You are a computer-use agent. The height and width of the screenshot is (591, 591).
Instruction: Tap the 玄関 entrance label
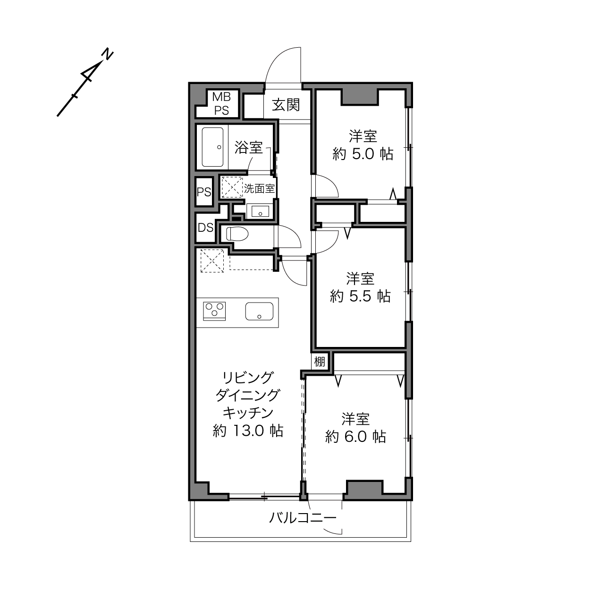286,105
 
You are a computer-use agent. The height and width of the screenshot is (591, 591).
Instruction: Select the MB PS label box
221,103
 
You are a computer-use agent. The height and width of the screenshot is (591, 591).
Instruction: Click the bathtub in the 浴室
212,147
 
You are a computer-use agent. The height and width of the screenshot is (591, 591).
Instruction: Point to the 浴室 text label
248,147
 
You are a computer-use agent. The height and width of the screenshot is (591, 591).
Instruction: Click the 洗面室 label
259,188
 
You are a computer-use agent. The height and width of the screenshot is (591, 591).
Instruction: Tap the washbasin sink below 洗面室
260,211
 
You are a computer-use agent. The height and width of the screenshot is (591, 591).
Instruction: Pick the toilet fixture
237,234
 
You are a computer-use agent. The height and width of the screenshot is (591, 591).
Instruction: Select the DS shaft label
205,228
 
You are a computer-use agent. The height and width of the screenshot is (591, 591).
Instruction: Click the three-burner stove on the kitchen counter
214,311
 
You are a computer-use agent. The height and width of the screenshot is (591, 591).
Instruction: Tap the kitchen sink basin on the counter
259,311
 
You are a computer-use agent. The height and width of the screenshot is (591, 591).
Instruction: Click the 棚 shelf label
320,362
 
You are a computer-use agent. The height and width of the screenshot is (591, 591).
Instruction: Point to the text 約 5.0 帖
363,154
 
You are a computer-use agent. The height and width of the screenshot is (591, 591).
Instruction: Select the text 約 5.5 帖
360,296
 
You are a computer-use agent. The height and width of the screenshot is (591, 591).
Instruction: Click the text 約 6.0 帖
355,437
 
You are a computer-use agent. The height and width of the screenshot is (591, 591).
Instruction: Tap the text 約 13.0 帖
248,431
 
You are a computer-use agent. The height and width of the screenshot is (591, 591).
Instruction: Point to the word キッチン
248,413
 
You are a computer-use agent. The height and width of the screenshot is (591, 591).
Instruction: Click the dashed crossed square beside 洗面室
232,187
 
